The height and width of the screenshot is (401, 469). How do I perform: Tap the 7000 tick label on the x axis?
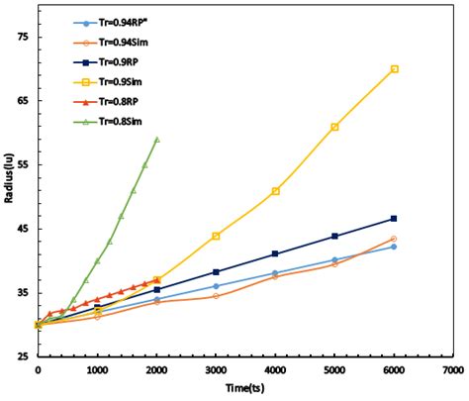[x=453, y=370]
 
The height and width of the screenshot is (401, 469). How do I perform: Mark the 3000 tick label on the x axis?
[x=216, y=370]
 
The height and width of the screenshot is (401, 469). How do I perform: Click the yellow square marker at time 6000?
[x=394, y=69]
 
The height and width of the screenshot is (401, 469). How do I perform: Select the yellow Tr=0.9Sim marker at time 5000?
[x=334, y=127]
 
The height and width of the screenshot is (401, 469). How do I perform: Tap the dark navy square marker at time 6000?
[x=394, y=218]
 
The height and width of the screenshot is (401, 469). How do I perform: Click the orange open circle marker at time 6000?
[x=394, y=239]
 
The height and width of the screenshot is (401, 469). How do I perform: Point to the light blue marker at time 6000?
[x=394, y=247]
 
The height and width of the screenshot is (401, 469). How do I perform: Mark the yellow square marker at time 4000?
[x=275, y=191]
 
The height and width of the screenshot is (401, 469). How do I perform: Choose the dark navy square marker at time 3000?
[x=216, y=271]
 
